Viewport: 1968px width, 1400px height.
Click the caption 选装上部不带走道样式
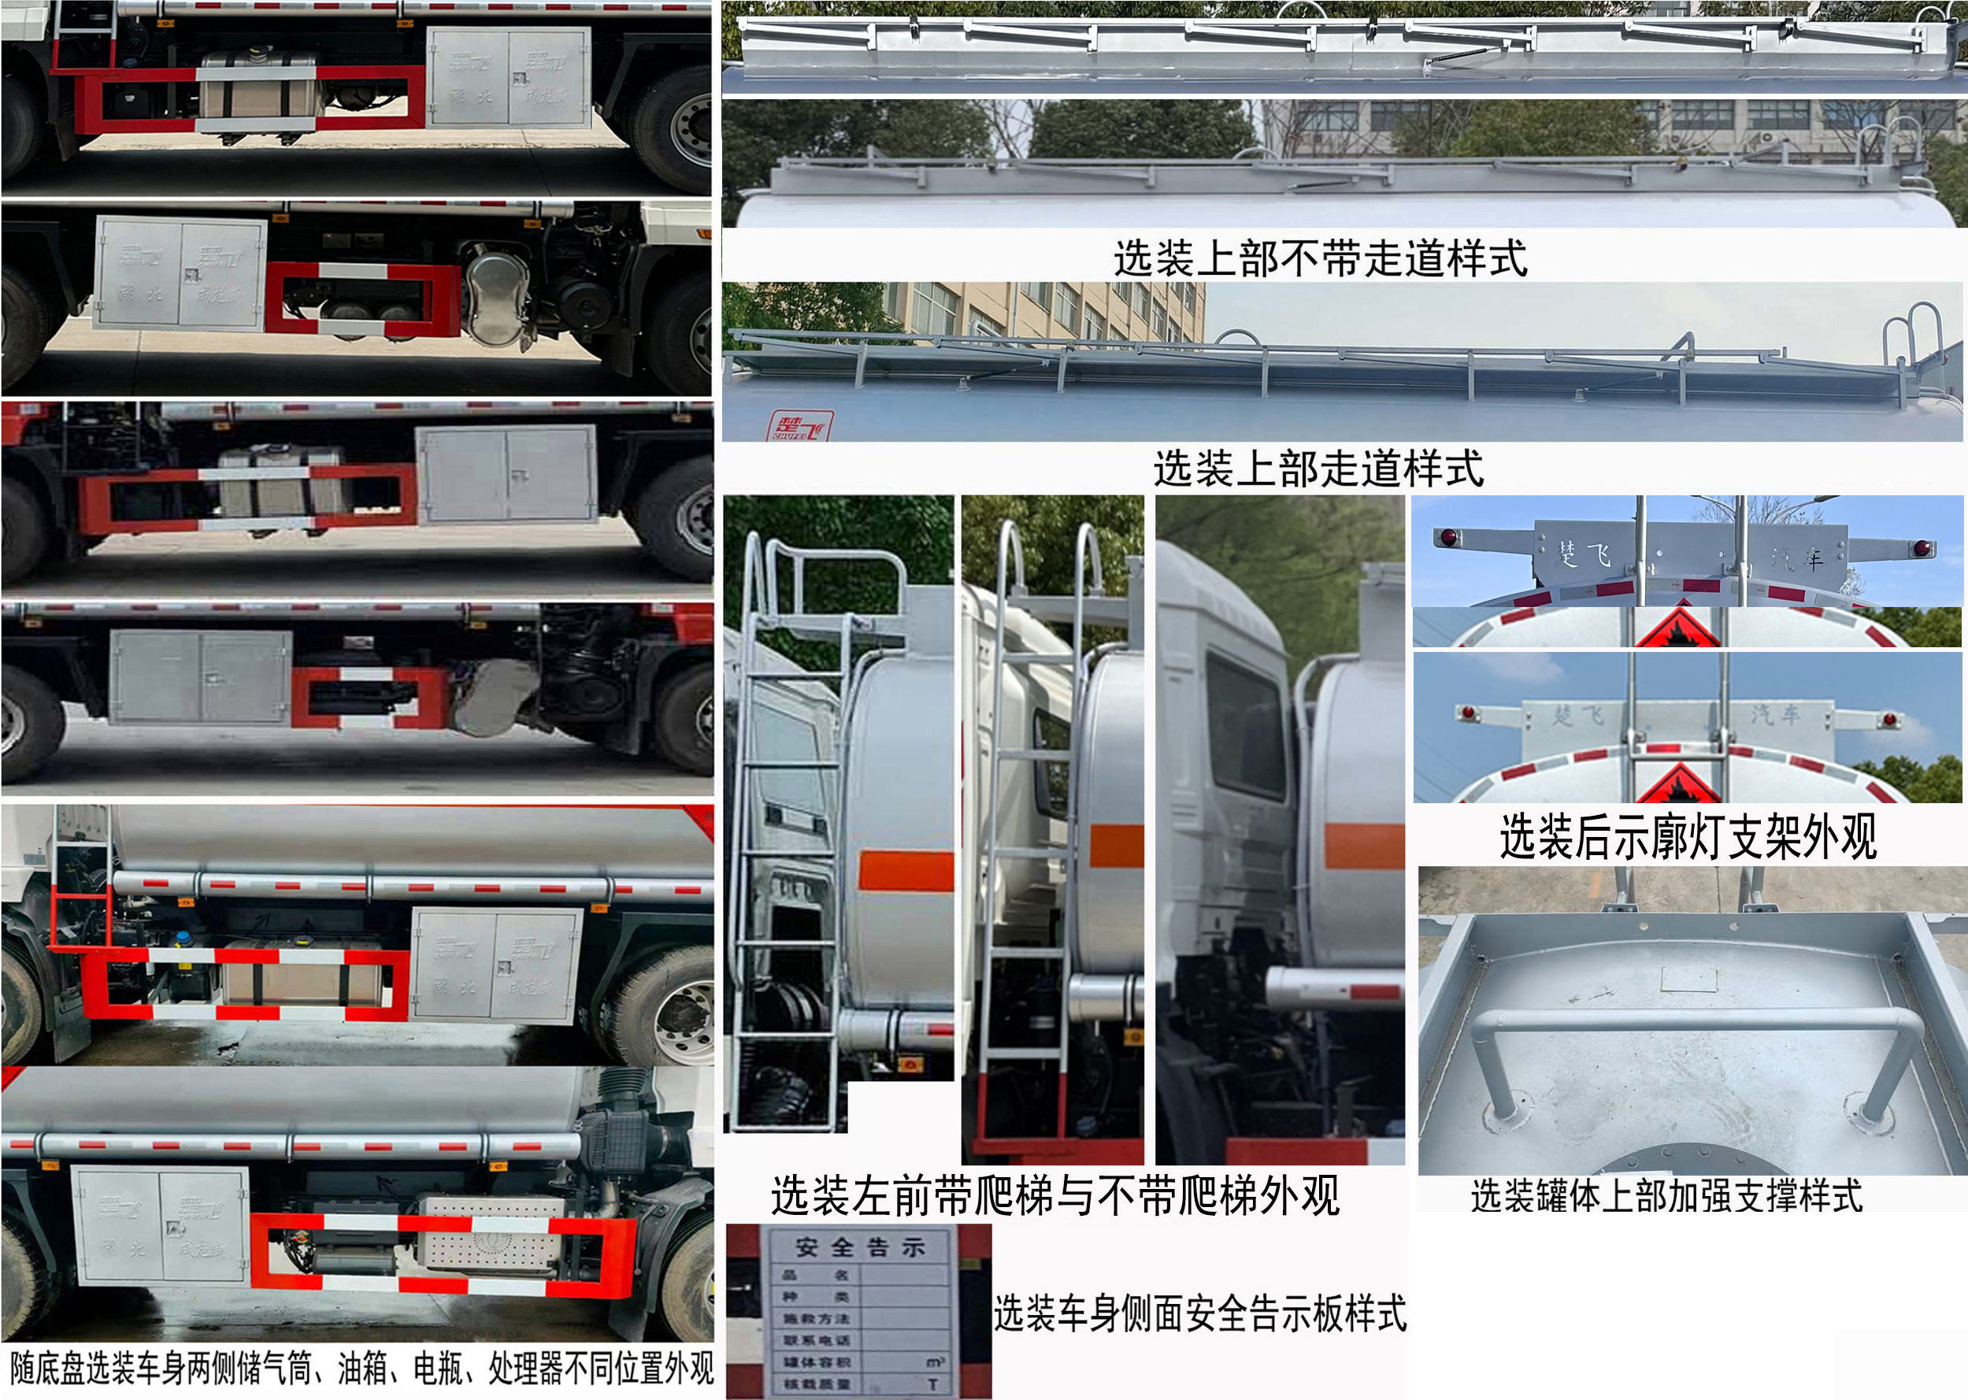click(x=1320, y=257)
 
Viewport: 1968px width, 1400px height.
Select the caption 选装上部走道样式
click(x=1318, y=469)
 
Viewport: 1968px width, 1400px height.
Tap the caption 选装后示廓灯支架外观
click(x=1687, y=835)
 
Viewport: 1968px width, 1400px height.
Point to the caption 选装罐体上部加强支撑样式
click(x=1666, y=1196)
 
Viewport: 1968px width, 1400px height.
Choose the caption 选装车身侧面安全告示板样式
click(x=1200, y=1313)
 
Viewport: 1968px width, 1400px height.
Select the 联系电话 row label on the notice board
click(x=817, y=1339)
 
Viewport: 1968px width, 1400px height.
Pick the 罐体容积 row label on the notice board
click(x=817, y=1362)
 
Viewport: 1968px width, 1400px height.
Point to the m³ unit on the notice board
click(x=935, y=1362)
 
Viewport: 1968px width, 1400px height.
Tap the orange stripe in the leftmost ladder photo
click(x=905, y=871)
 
